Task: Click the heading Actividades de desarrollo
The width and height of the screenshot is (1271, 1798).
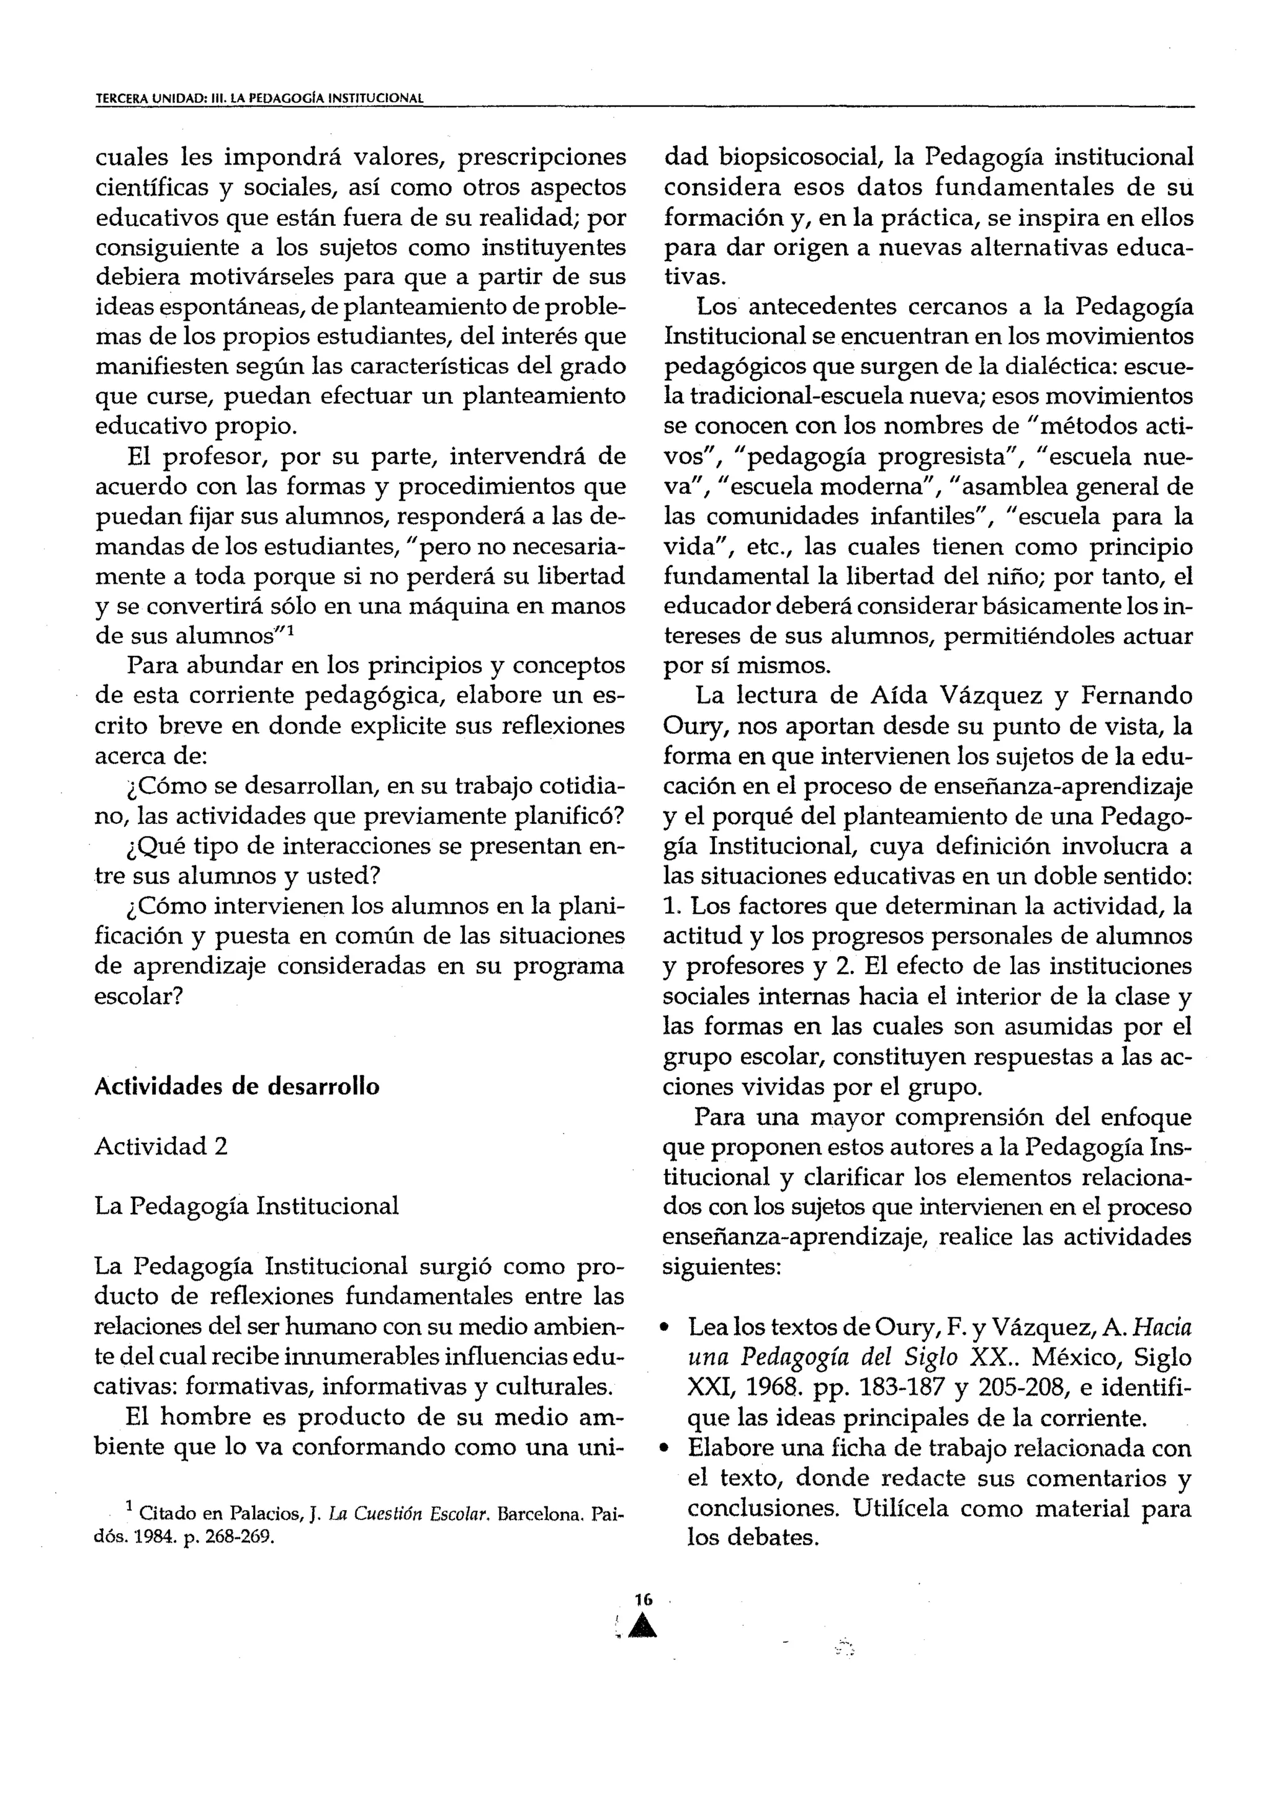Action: [236, 1087]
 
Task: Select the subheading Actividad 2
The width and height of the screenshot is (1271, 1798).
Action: [161, 1147]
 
